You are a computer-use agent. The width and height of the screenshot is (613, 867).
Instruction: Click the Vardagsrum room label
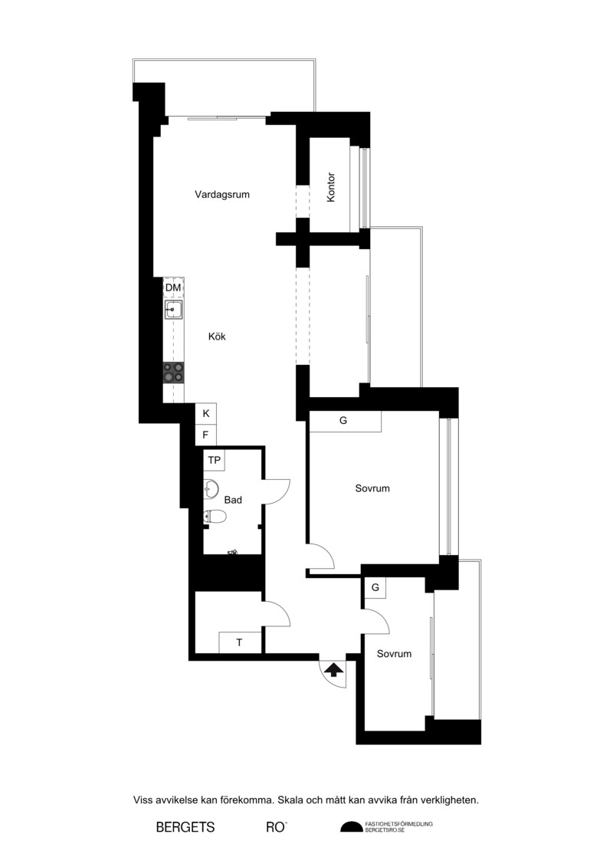[x=221, y=195]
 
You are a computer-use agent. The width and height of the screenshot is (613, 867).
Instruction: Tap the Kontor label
[x=331, y=188]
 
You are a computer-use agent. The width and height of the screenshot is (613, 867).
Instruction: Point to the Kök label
[x=217, y=337]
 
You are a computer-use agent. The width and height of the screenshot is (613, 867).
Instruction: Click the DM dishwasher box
[x=173, y=287]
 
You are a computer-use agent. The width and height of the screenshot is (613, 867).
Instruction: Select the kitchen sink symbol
[x=174, y=310]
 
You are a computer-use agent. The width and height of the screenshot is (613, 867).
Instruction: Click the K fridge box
[x=205, y=414]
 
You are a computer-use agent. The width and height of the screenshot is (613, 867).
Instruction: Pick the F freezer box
[x=205, y=435]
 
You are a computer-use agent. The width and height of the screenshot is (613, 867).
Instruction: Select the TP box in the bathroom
[x=215, y=460]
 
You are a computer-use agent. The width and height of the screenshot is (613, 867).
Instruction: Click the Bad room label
[x=233, y=500]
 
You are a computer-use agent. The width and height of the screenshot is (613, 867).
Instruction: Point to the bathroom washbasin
[x=211, y=488]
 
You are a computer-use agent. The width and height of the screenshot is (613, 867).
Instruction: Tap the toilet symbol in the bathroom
[x=215, y=517]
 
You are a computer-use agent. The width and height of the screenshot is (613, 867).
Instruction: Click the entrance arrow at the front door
[x=333, y=670]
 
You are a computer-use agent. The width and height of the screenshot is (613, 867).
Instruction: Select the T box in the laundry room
[x=239, y=642]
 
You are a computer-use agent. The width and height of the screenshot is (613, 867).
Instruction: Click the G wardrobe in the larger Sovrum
[x=345, y=421]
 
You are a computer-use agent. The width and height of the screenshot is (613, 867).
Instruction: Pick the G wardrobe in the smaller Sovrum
[x=375, y=587]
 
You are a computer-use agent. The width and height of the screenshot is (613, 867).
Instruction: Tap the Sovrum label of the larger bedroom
[x=372, y=488]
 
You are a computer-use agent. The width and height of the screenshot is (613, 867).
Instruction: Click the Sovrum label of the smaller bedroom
[x=394, y=654]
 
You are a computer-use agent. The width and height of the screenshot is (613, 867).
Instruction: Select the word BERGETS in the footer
[x=185, y=827]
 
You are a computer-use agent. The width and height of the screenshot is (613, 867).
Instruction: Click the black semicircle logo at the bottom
[x=352, y=827]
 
